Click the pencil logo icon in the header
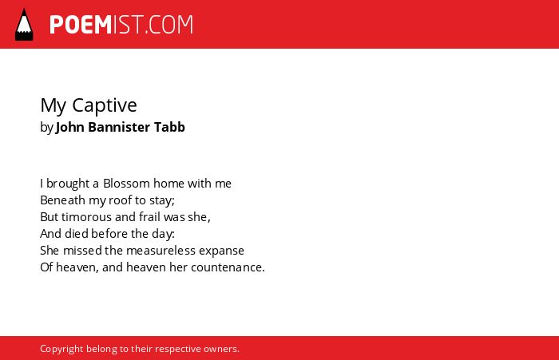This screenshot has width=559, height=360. [24, 24]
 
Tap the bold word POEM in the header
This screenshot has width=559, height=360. [81, 25]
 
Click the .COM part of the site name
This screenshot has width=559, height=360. [169, 25]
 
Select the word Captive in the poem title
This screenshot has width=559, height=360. [105, 105]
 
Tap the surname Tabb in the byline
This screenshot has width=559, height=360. [169, 127]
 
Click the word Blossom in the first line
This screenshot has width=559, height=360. [126, 184]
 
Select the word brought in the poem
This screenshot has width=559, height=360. [68, 184]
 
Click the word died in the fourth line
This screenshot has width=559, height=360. [77, 233]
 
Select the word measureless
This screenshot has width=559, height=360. [161, 250]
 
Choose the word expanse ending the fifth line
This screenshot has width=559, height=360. [221, 251]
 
